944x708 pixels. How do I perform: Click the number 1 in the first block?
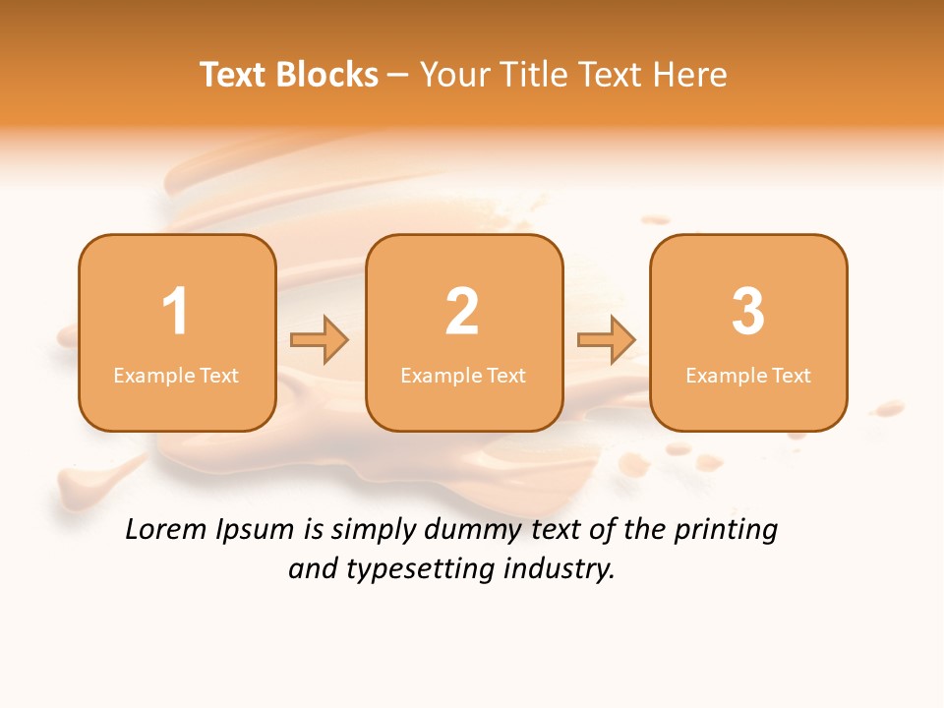coord(175,312)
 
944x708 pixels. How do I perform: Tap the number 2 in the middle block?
coord(462,312)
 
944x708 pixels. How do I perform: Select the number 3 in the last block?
coord(748,312)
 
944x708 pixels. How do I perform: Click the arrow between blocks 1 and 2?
coord(320,340)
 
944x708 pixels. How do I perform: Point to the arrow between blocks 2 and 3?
coord(607,340)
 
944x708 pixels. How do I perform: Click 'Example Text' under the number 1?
coord(176,375)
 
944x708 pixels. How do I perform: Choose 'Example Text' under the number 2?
coord(463,375)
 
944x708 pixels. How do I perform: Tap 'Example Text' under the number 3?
coord(748,375)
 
